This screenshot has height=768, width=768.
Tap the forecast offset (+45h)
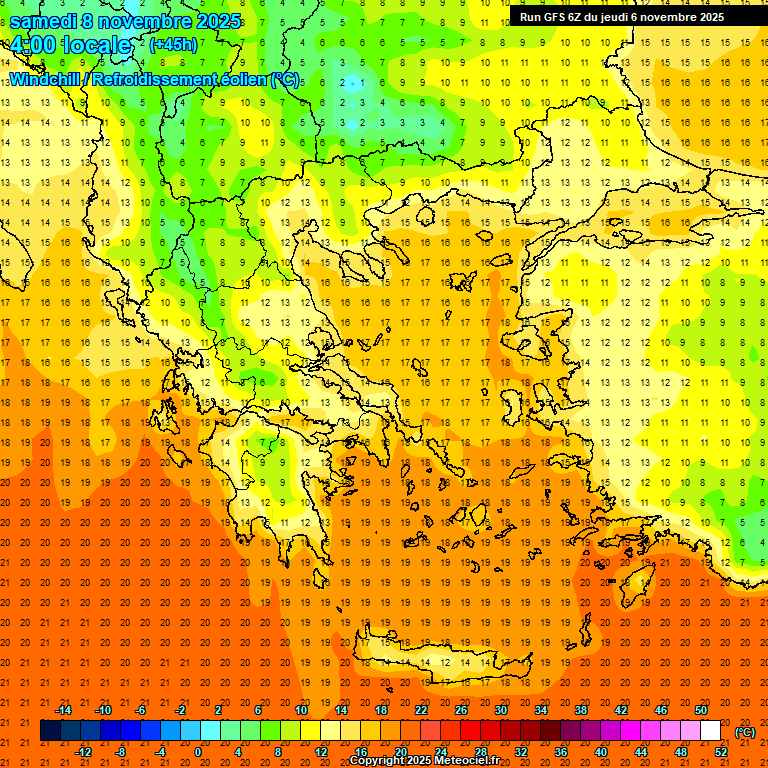173,45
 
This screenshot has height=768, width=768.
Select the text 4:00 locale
70,46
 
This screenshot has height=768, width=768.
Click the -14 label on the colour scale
63,710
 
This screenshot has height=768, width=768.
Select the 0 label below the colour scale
198,752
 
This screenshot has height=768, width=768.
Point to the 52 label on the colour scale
720,752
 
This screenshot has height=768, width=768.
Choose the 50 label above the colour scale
700,710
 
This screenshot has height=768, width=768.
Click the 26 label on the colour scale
461,710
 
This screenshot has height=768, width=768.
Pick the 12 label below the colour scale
321,752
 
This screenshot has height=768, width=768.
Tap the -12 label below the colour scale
83,752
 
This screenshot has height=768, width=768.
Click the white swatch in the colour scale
710,731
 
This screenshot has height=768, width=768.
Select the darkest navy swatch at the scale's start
50,731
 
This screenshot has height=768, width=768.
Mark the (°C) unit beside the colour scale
745,731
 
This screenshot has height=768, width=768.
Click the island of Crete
440,662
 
